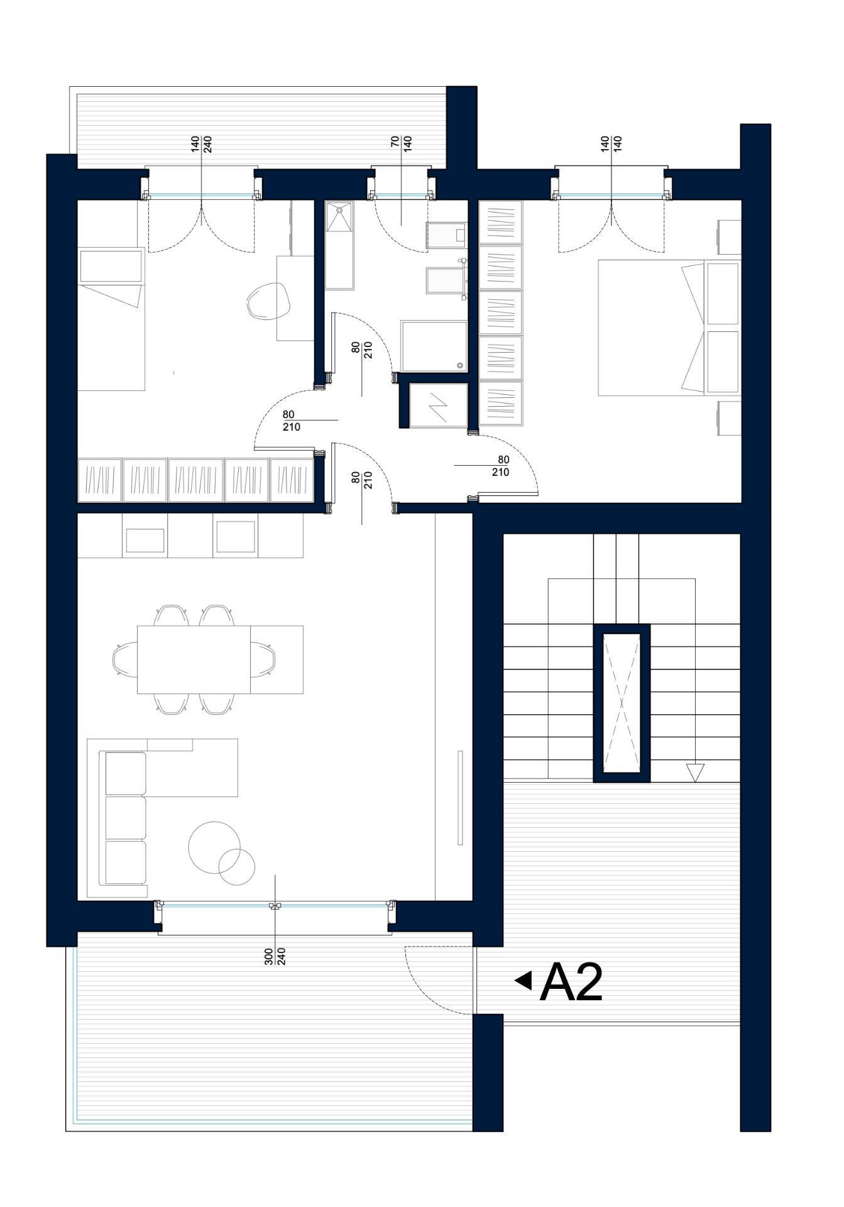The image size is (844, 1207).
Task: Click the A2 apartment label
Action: tap(571, 983)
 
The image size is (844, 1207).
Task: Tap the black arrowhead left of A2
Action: tap(523, 980)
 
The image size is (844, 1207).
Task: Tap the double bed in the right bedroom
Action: tap(669, 328)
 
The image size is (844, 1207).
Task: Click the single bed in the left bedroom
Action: tap(111, 320)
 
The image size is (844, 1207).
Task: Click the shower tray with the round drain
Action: tap(434, 346)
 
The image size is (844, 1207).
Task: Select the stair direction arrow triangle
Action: tap(695, 773)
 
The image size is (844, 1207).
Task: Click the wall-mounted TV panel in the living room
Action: tap(460, 798)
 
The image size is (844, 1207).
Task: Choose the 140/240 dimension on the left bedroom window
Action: tap(201, 145)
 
